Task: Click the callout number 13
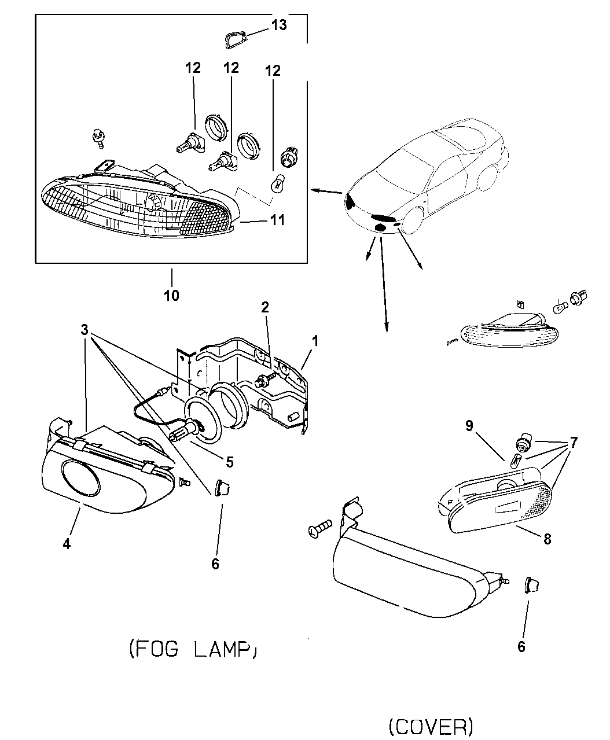pos(279,26)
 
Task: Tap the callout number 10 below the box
pos(171,296)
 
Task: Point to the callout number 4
pos(67,544)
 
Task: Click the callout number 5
pos(230,462)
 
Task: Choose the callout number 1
pos(315,341)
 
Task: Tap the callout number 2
pos(264,307)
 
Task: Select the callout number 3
pos(84,330)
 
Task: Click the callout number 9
pos(469,426)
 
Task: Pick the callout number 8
pos(547,539)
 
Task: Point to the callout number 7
pos(574,443)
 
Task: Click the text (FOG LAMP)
pos(192,650)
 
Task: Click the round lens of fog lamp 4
pos(85,479)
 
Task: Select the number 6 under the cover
pos(521,646)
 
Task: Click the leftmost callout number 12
pos(193,68)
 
